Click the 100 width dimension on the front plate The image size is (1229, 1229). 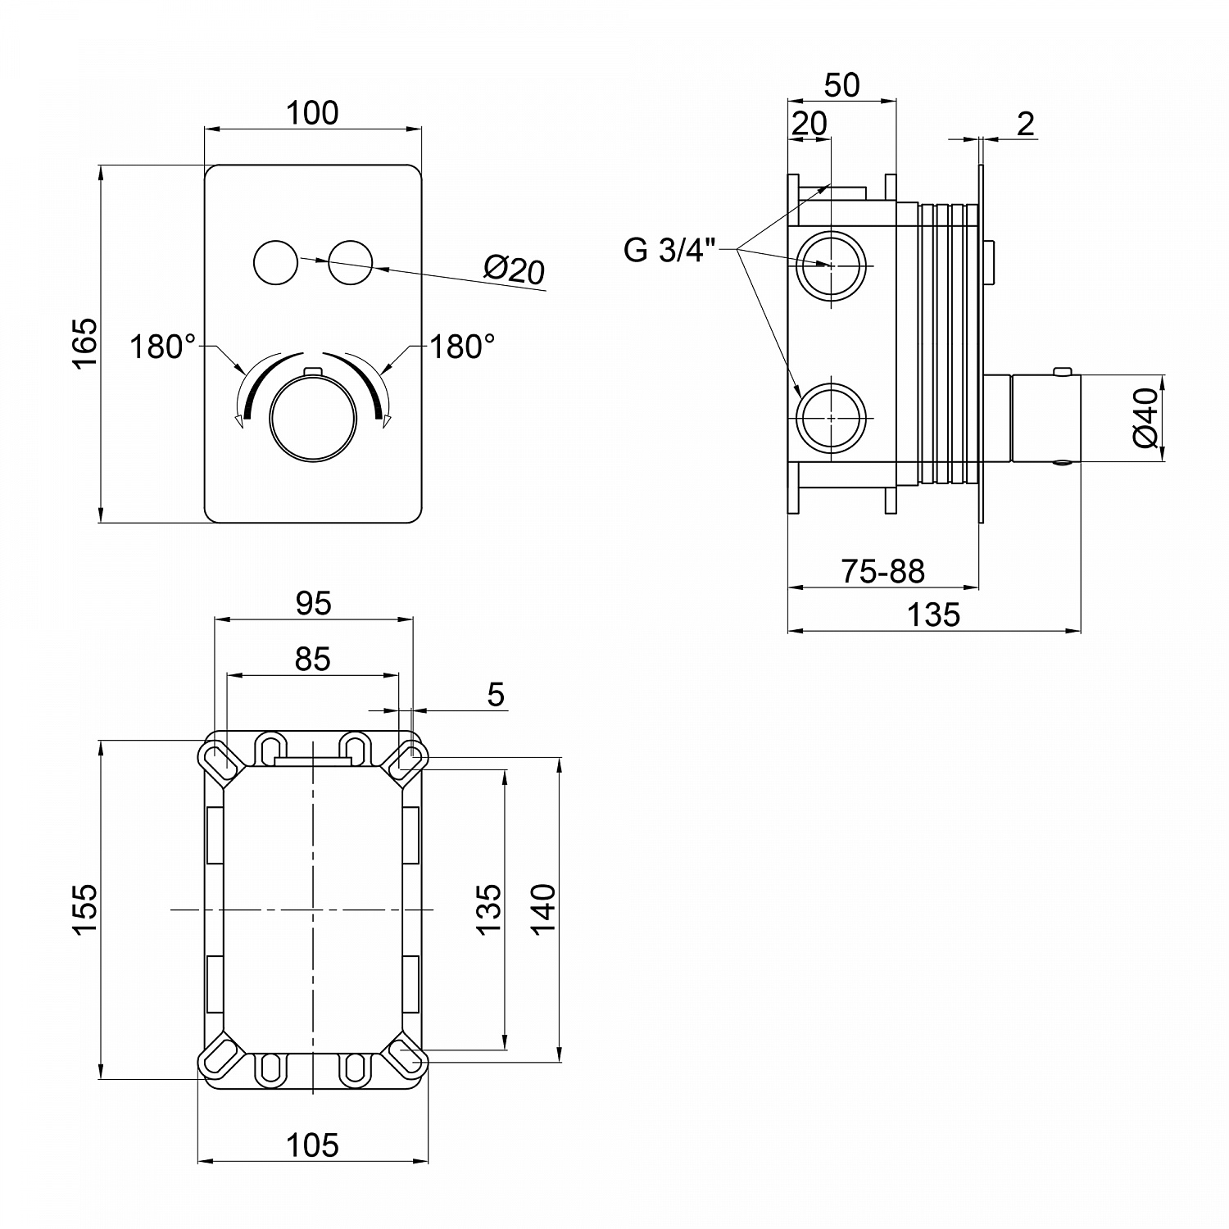tap(312, 113)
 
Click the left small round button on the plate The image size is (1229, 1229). tap(276, 264)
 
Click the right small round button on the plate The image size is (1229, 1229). tap(351, 264)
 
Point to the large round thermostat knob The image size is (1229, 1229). tap(313, 418)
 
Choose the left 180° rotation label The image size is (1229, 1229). tap(162, 347)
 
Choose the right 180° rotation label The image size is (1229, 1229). tap(463, 347)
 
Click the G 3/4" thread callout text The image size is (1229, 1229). tap(669, 250)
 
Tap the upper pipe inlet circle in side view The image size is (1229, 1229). tap(831, 266)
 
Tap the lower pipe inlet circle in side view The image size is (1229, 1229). tap(831, 418)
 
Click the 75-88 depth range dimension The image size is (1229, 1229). tap(883, 571)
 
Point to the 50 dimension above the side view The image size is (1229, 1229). tap(841, 85)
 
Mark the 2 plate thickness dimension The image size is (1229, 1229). tap(1025, 125)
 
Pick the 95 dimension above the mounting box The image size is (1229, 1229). tap(313, 603)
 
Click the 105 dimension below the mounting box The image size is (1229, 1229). tap(313, 1145)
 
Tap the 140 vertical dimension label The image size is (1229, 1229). tap(543, 908)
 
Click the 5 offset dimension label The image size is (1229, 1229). tap(496, 695)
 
